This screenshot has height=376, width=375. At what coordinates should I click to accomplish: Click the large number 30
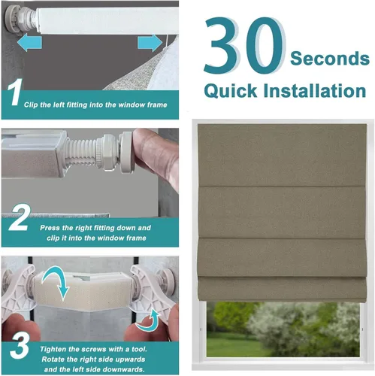pyautogui.click(x=244, y=45)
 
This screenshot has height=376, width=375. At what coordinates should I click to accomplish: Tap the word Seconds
pyautogui.click(x=330, y=58)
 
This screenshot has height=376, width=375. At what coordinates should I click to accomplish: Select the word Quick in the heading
pyautogui.click(x=231, y=90)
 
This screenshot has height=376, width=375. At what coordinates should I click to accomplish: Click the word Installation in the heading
pyautogui.click(x=315, y=90)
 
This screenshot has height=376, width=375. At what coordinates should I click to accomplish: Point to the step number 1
pyautogui.click(x=15, y=92)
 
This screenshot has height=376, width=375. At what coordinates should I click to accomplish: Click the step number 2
pyautogui.click(x=20, y=217)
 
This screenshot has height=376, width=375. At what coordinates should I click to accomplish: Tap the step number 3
pyautogui.click(x=20, y=347)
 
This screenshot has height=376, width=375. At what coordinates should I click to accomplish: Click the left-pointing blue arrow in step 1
pyautogui.click(x=29, y=43)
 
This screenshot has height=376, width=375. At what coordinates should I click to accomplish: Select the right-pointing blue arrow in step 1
pyautogui.click(x=150, y=43)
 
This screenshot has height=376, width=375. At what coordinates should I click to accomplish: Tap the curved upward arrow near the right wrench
pyautogui.click(x=148, y=321)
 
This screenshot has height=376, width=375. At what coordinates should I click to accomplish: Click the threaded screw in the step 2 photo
pyautogui.click(x=80, y=153)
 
